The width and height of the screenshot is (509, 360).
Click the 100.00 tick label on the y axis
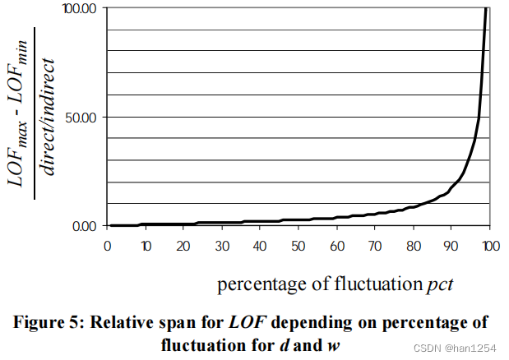pos(80,8)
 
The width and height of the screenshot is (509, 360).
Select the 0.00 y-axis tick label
pos(85,226)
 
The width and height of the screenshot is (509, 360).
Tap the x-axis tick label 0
pos(107,246)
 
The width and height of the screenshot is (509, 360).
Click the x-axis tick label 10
pos(145,246)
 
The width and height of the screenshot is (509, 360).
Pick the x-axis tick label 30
pos(222,246)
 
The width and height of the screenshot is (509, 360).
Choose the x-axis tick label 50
pos(298,246)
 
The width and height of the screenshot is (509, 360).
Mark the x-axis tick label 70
pos(375,246)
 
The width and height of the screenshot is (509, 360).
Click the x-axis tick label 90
pos(451,246)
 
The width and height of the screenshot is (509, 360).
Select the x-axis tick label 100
pos(491,246)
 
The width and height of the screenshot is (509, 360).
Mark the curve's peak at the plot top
pos(486,10)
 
